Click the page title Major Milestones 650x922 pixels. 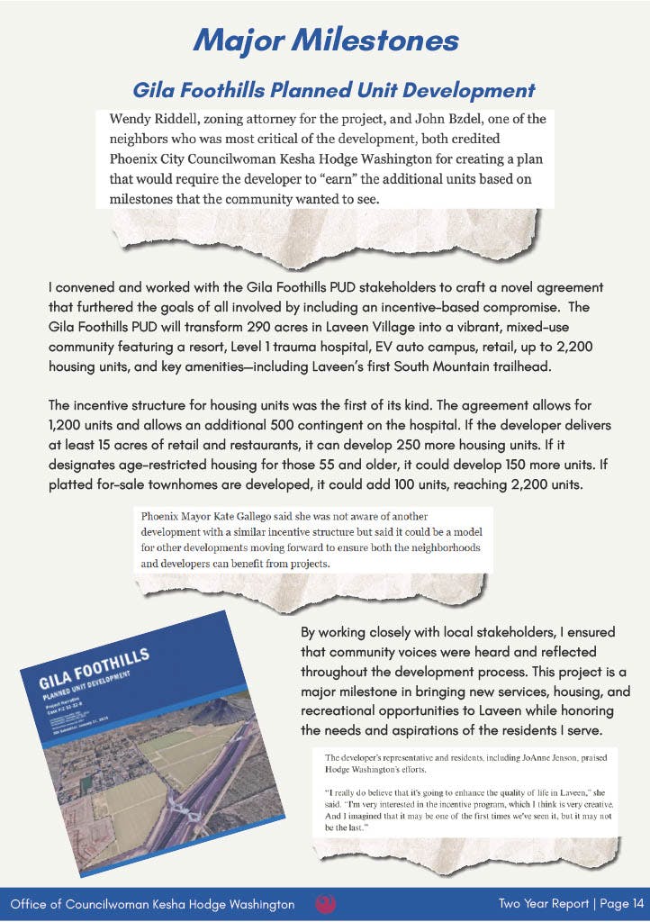(325, 41)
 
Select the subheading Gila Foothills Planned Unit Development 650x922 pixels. (333, 90)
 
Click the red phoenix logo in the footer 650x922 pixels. (325, 903)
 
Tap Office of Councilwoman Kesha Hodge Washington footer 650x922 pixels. (152, 903)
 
